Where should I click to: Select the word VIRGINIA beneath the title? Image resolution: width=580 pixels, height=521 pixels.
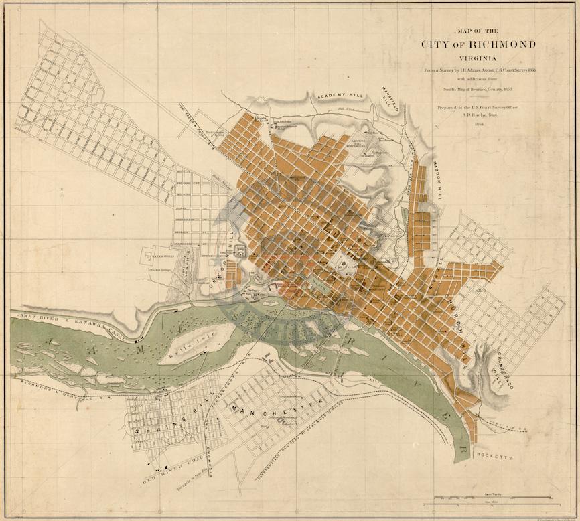click(478, 58)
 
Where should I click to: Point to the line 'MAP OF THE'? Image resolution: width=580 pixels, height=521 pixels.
click(478, 31)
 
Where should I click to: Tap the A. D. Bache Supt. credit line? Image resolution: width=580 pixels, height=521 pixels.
click(478, 115)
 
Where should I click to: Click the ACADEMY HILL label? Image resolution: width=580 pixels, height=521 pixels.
click(340, 96)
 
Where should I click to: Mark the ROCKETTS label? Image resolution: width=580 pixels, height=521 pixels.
click(494, 455)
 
